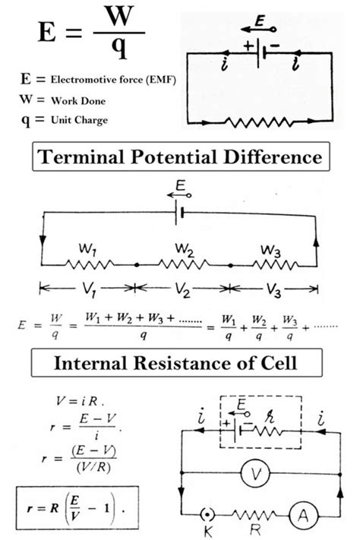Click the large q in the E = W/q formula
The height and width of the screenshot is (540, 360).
(118, 49)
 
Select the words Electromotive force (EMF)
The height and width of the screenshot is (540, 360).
(113, 79)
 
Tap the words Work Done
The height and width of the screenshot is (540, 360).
(77, 99)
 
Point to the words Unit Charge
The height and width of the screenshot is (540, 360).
(79, 119)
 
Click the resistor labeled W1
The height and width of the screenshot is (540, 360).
(89, 265)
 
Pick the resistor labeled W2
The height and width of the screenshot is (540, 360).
(182, 265)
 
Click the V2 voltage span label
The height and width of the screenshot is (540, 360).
(183, 289)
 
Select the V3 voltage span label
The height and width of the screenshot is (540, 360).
(275, 289)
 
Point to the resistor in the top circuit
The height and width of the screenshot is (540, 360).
(259, 120)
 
